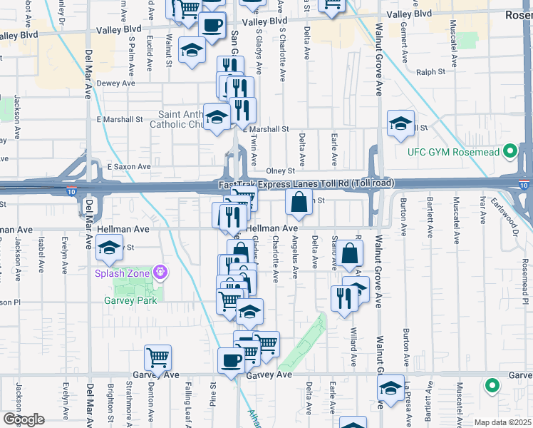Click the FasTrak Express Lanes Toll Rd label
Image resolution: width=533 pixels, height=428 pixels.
(x=306, y=184)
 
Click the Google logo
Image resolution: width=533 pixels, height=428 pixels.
(x=24, y=419)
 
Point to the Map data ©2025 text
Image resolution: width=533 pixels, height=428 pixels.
(x=502, y=422)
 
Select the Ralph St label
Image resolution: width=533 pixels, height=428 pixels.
(x=430, y=72)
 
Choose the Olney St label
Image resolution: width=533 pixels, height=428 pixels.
(x=280, y=171)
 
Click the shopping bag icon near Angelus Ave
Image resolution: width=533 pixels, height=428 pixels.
(x=299, y=201)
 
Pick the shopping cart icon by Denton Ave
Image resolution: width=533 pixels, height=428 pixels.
(x=157, y=357)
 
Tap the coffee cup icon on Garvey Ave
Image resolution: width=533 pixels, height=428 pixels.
(x=231, y=361)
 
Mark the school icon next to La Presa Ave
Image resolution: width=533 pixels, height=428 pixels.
(x=390, y=388)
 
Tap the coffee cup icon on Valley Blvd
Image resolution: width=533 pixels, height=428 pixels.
(x=212, y=25)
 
